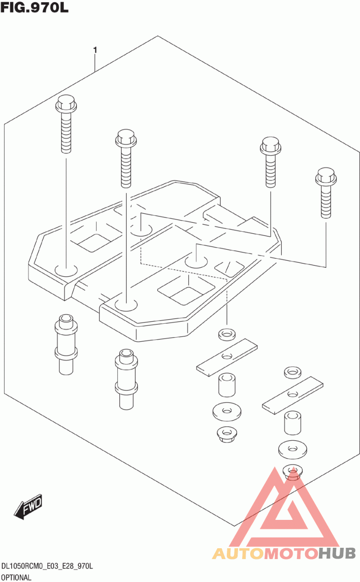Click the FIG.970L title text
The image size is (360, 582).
coord(34,8)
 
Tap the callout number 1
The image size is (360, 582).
coord(95,50)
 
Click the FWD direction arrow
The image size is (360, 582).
coord(28,506)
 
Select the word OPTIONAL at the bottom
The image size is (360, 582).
coord(16,577)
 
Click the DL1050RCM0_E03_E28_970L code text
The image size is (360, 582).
coord(47,566)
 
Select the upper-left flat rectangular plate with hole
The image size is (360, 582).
coord(227,357)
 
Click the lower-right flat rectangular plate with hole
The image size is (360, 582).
coord(293,395)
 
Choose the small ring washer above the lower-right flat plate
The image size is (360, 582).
coord(293,372)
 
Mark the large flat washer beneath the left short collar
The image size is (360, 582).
coord(227,411)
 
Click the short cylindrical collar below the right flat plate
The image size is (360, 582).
coord(293,423)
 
